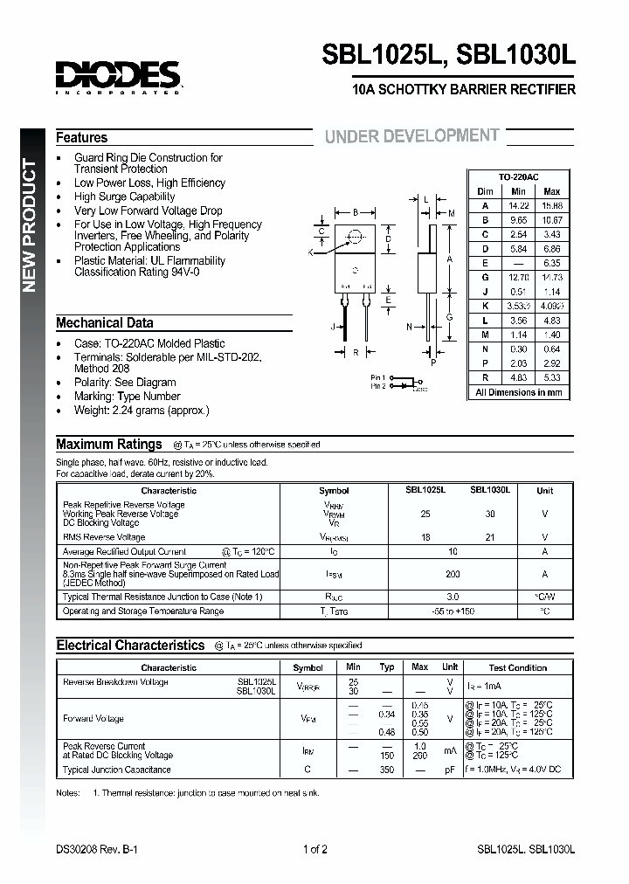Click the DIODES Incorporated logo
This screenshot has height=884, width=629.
click(x=119, y=76)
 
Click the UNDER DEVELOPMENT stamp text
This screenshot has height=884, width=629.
click(x=411, y=136)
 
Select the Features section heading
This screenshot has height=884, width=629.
click(x=82, y=138)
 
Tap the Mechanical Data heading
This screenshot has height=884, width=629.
click(x=105, y=323)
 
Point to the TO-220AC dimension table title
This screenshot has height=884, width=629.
click(x=517, y=176)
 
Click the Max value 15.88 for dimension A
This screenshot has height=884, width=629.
click(x=552, y=205)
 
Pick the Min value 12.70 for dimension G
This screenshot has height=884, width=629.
click(x=518, y=276)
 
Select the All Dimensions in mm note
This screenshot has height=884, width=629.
click(x=518, y=392)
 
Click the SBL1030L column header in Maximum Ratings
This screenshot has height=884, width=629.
click(x=490, y=491)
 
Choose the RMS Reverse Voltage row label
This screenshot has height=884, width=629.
click(x=103, y=537)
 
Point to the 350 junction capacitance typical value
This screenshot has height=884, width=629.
click(x=387, y=770)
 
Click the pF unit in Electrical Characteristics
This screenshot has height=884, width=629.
click(x=450, y=770)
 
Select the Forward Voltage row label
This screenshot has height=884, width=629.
click(x=93, y=719)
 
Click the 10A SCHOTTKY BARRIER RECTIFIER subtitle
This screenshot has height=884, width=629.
click(x=463, y=90)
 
